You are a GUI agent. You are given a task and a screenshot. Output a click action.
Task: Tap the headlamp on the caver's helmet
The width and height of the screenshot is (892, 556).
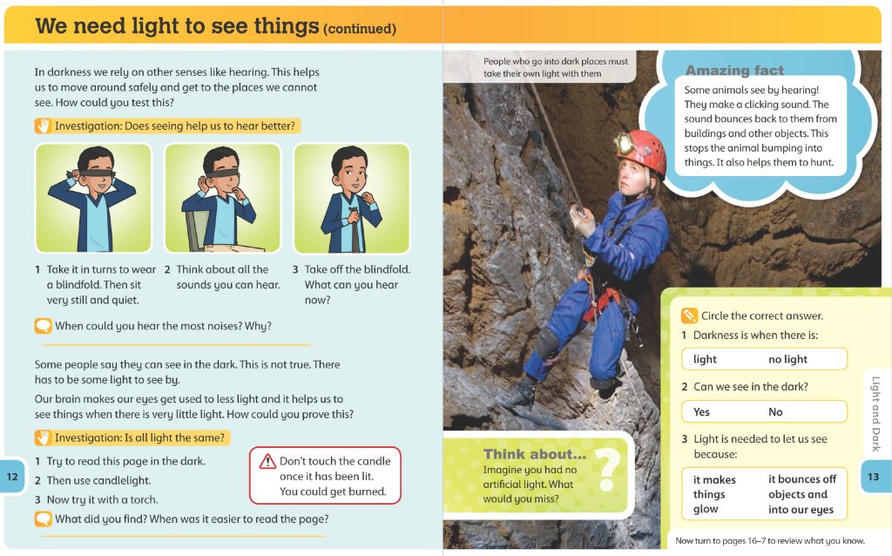tap(625, 142)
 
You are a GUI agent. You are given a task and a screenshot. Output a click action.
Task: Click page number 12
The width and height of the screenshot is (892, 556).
tap(12, 476)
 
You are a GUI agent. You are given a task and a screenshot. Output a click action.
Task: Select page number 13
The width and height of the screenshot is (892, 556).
tap(875, 476)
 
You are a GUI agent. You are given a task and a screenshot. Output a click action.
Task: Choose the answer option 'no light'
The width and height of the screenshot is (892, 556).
tap(787, 359)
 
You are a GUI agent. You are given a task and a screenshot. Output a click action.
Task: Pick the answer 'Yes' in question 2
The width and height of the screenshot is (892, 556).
tap(701, 411)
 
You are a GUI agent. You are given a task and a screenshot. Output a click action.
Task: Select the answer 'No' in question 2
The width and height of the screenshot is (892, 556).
tap(775, 411)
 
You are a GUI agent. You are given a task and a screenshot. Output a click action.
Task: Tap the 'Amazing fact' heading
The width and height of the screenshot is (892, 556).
tap(734, 71)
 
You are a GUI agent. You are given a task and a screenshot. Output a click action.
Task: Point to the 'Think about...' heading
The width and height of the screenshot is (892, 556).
tap(534, 454)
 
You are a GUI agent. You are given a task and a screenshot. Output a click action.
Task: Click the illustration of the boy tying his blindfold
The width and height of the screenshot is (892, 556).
tap(93, 198)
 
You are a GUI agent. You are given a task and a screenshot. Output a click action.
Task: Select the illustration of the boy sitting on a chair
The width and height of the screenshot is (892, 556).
tap(222, 198)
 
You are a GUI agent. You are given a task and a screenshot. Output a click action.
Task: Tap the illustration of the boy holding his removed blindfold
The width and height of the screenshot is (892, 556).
tap(351, 198)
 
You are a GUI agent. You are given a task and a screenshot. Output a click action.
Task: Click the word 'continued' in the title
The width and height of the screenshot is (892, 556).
tap(359, 30)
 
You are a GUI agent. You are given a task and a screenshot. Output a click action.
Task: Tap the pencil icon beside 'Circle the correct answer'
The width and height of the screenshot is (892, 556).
tap(689, 315)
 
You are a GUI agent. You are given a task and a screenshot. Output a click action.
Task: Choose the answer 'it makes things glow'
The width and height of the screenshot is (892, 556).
tap(714, 494)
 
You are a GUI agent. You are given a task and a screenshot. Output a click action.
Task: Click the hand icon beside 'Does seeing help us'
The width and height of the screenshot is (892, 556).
tap(44, 125)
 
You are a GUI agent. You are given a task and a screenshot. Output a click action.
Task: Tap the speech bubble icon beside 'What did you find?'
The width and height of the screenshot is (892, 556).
tap(44, 519)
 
